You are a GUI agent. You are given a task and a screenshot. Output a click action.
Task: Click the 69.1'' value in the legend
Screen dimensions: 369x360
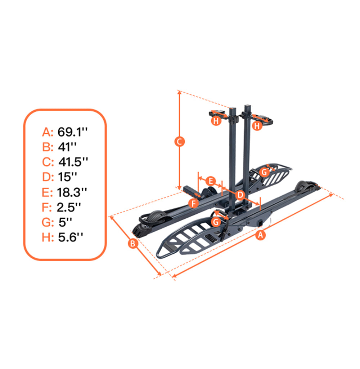[72, 132]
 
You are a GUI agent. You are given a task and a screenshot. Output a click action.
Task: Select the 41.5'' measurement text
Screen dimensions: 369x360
[73, 162]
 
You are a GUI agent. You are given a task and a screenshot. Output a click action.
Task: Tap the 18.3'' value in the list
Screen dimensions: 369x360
[72, 192]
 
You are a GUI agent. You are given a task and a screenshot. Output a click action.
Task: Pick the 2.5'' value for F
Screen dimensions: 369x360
[68, 207]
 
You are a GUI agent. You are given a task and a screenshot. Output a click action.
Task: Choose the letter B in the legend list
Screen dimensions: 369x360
[48, 147]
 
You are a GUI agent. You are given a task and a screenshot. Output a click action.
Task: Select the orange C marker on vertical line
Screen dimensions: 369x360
[179, 142]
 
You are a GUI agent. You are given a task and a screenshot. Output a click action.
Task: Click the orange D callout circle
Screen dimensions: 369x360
[240, 195]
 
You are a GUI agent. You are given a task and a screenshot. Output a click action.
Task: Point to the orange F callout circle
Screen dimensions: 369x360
[194, 204]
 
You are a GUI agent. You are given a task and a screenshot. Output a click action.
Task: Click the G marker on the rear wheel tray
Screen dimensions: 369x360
[264, 172]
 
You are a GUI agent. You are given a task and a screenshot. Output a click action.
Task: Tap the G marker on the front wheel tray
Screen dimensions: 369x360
[216, 222]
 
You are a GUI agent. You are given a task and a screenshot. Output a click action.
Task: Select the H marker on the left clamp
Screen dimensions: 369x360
[216, 121]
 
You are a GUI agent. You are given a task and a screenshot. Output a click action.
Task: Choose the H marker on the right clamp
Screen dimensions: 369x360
[256, 126]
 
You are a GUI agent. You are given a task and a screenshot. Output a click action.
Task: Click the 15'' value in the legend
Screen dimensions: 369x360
[68, 177]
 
